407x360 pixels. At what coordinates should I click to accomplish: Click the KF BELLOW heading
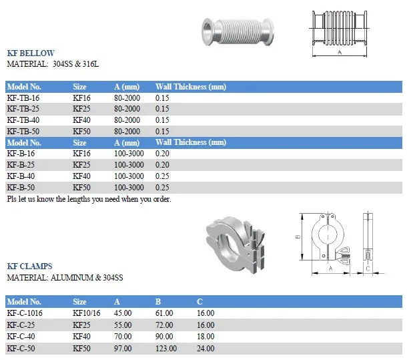click(x=30, y=53)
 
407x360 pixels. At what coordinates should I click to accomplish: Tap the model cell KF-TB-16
click(x=23, y=98)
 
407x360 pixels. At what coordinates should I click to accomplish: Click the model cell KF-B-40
click(x=21, y=176)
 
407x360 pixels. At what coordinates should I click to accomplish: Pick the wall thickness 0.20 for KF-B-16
click(x=162, y=154)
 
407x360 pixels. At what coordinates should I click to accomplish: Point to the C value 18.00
click(x=206, y=336)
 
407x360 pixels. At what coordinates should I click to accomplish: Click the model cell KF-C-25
click(x=21, y=325)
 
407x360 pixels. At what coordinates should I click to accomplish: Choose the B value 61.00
click(x=164, y=313)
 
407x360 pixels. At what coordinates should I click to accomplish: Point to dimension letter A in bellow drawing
click(x=340, y=51)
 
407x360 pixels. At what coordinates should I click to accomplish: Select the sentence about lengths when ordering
click(x=89, y=199)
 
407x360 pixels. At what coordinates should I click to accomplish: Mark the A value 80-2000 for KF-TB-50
click(x=127, y=132)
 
